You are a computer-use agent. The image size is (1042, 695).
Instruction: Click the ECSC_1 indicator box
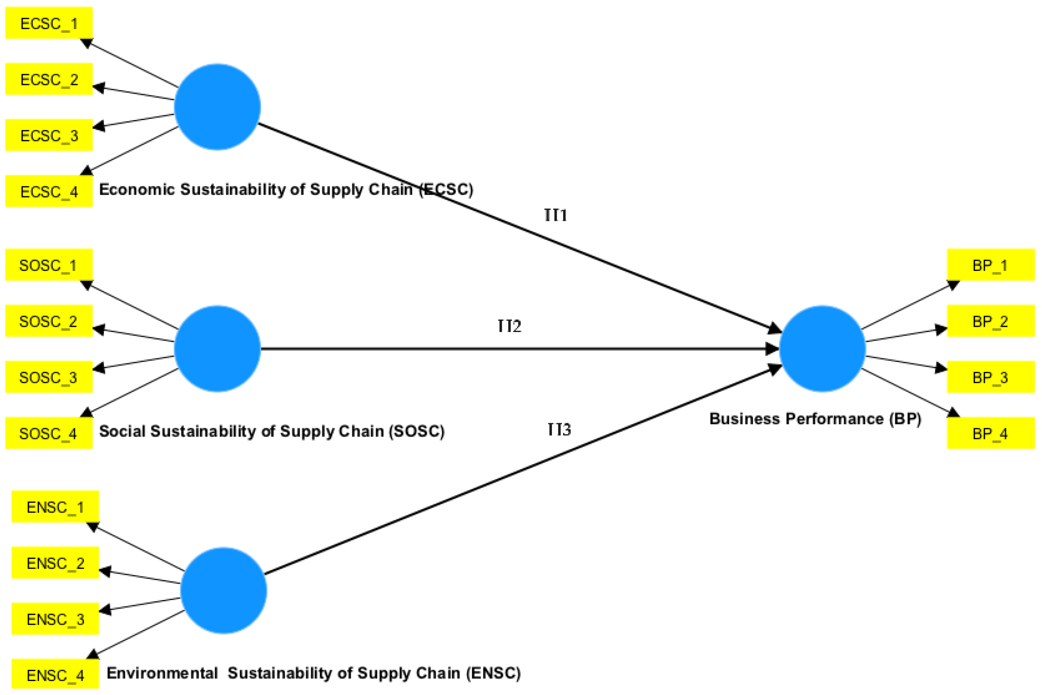49,23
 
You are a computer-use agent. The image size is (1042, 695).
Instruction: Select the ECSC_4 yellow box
49,192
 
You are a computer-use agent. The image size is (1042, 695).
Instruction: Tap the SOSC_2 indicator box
49,321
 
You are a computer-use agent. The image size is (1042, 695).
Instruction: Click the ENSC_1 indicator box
55,507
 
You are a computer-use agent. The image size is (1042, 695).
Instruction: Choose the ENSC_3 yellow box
55,619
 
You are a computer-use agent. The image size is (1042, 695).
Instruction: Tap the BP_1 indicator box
990,265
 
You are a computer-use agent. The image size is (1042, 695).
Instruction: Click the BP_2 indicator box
990,321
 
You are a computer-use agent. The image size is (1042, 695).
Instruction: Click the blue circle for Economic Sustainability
217,107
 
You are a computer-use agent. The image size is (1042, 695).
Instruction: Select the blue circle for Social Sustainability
217,349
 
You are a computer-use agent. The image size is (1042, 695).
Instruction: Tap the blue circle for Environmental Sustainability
223,590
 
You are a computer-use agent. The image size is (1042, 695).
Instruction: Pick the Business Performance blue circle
822,349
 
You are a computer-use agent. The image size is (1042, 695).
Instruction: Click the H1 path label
556,215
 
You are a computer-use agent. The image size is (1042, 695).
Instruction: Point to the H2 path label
509,326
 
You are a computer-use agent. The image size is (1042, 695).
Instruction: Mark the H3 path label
558,429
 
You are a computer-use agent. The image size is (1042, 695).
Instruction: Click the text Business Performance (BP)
815,419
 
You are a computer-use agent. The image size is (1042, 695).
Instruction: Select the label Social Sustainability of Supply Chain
272,431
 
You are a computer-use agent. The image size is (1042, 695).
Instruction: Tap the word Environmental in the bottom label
162,673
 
